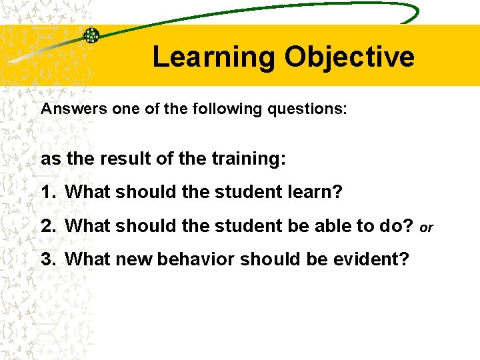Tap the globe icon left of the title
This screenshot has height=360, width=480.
pos(91,36)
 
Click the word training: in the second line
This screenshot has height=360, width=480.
pos(249,159)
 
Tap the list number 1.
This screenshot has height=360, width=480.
pos(47,193)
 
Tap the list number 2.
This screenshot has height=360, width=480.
pos(47,226)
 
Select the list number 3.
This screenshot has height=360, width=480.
pos(47,258)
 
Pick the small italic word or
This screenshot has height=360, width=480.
pos(427,228)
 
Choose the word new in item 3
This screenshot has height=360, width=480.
pos(133,258)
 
